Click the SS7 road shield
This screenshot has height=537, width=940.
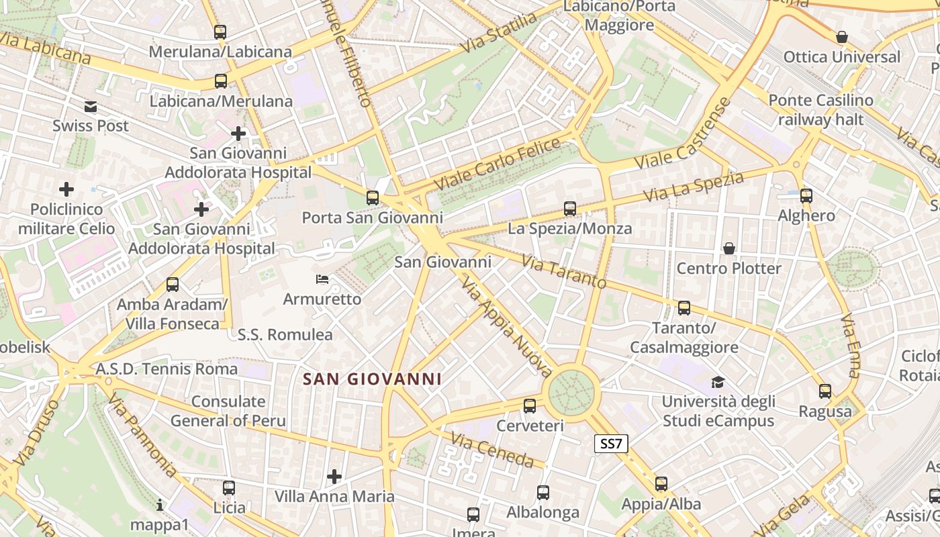[611, 444]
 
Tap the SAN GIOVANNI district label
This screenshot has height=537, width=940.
[372, 379]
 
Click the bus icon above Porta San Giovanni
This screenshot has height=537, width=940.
[372, 198]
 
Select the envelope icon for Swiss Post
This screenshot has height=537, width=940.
[91, 107]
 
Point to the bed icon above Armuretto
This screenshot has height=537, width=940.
[322, 279]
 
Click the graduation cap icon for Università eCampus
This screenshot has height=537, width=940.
[718, 383]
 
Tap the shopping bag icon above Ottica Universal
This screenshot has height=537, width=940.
[841, 37]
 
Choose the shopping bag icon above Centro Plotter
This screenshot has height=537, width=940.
[729, 249]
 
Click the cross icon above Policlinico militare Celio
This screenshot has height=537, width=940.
[66, 189]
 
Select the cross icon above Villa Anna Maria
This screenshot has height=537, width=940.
[334, 477]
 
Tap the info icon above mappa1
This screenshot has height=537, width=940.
[160, 505]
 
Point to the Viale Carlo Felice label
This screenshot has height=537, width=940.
[497, 163]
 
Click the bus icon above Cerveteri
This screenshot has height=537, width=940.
[530, 406]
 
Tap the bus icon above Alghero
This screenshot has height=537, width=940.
[806, 196]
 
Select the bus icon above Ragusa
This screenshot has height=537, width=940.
[825, 391]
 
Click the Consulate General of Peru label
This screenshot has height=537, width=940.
[228, 411]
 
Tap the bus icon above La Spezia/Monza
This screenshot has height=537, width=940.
[569, 209]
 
